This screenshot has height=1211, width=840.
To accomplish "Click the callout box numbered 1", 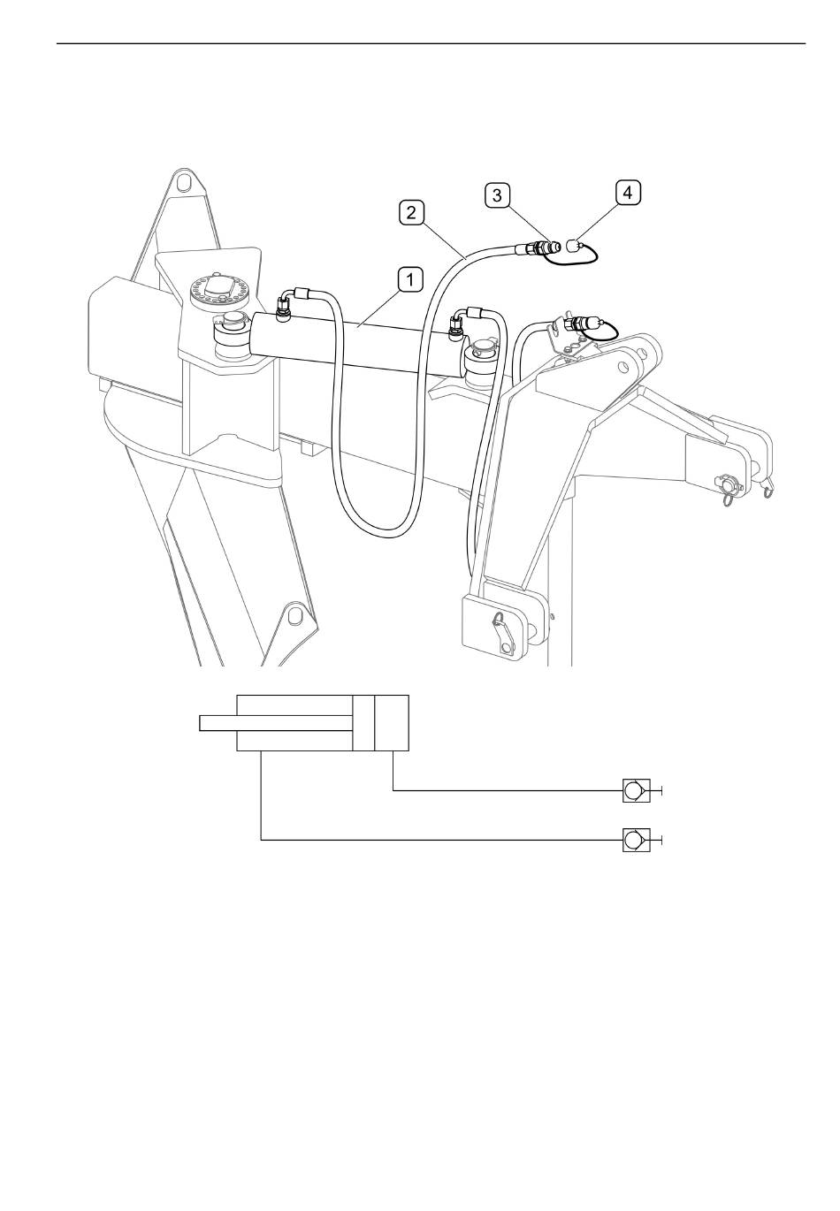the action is pos(410,280).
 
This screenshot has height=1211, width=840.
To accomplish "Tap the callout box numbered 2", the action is pos(411,212).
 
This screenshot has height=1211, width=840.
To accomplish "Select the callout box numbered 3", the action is pos(497,195).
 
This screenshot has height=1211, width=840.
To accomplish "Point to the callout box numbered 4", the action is pos(628,193).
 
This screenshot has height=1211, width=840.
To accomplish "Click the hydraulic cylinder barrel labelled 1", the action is pos(357,342).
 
